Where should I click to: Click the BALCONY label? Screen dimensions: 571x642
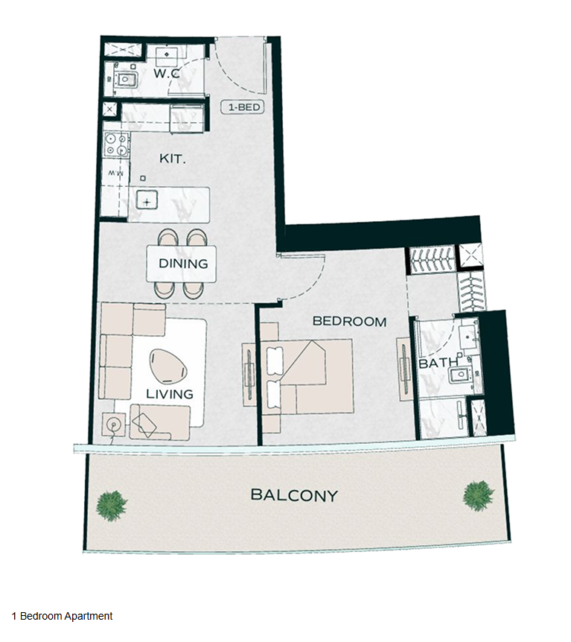click(x=294, y=495)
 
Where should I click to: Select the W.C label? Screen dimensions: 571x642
click(x=166, y=74)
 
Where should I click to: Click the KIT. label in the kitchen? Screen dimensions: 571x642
click(x=172, y=159)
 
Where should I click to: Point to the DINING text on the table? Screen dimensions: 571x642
click(x=183, y=263)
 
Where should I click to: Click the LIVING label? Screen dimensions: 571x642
click(x=170, y=394)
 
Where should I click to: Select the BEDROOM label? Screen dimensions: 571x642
click(x=349, y=322)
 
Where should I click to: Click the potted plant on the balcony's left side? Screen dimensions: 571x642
click(x=112, y=506)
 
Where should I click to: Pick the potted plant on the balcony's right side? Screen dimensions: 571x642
click(x=478, y=496)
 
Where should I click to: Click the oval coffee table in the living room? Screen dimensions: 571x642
click(x=168, y=367)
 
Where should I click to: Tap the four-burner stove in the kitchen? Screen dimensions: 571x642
click(x=116, y=144)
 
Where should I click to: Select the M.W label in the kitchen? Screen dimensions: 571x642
click(x=116, y=174)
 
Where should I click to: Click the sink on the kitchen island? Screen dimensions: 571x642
click(x=147, y=201)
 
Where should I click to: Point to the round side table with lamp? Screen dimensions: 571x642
click(x=113, y=425)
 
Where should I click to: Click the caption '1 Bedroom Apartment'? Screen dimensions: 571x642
click(x=63, y=616)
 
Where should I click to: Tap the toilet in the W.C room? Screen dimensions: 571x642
click(x=126, y=79)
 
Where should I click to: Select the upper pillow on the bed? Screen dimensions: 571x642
click(x=274, y=360)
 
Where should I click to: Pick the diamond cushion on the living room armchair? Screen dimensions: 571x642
click(x=144, y=425)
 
